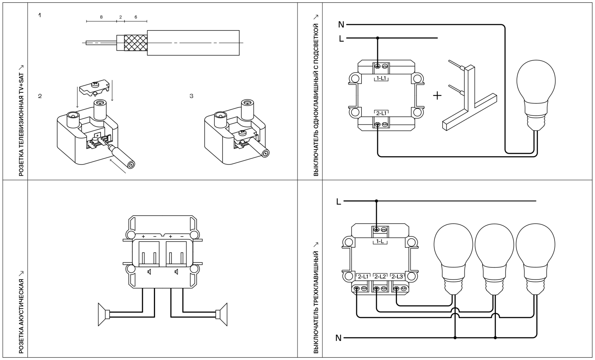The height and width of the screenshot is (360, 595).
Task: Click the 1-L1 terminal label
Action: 381,79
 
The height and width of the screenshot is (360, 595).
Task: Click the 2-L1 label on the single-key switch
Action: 381,113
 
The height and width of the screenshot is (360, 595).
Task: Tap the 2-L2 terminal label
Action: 380,276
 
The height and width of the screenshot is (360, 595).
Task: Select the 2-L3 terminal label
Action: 397,276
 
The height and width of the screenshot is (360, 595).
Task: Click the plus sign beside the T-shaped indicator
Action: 437,96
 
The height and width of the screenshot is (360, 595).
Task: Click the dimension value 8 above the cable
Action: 101,17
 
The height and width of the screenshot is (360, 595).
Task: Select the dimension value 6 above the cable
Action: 136,17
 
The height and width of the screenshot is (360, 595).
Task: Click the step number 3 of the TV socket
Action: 192,96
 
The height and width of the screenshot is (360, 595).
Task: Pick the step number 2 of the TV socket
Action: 40,96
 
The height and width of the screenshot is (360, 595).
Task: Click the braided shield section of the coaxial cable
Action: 135,42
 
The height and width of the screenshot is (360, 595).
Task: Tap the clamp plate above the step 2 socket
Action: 94,88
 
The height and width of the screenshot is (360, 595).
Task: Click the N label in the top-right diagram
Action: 341,25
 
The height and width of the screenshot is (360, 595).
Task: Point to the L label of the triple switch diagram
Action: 338,201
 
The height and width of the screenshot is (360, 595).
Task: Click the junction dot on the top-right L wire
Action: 377,38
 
